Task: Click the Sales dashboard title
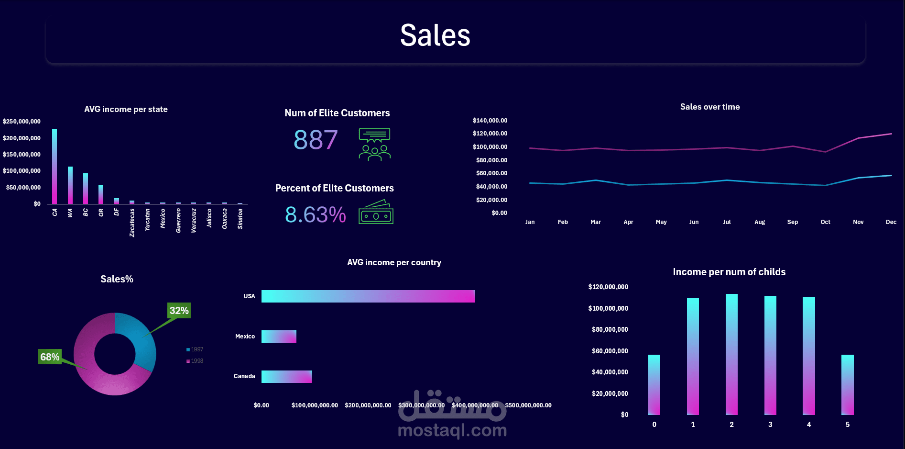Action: (x=435, y=35)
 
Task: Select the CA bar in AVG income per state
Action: (x=55, y=166)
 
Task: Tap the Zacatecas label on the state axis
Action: (x=132, y=223)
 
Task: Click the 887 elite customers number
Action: (x=316, y=140)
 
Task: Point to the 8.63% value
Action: (x=315, y=214)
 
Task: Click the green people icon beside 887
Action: (x=375, y=144)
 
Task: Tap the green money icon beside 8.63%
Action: (x=376, y=213)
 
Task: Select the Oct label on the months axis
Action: (x=825, y=222)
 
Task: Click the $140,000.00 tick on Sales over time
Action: (x=490, y=121)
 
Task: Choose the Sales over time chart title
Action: (x=710, y=107)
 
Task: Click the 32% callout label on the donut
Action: (x=179, y=311)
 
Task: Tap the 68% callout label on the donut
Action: (x=50, y=357)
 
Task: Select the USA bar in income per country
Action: (x=368, y=296)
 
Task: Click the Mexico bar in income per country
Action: (x=279, y=337)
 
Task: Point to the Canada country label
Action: (x=244, y=376)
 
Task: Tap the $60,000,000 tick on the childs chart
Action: (x=610, y=351)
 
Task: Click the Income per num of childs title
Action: (x=729, y=272)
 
